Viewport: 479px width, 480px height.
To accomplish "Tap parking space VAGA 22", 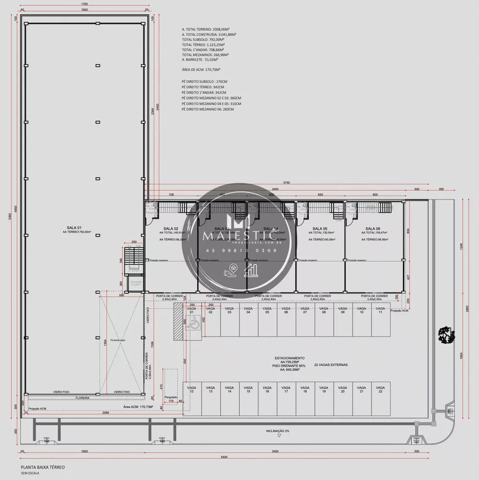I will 380,389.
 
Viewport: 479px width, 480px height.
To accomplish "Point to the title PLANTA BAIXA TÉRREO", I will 42,467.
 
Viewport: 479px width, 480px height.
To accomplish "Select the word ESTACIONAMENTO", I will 290,358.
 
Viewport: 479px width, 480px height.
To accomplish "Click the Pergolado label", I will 171,397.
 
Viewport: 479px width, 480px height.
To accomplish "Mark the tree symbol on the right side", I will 446,335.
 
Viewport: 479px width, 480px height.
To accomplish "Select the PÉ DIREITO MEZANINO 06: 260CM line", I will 208,109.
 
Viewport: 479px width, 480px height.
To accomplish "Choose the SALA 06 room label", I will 373,228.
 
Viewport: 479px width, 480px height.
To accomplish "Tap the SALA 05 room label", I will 319,228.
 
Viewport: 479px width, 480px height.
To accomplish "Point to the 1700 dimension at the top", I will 84,4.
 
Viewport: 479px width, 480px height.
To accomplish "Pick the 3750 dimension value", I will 286,183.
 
